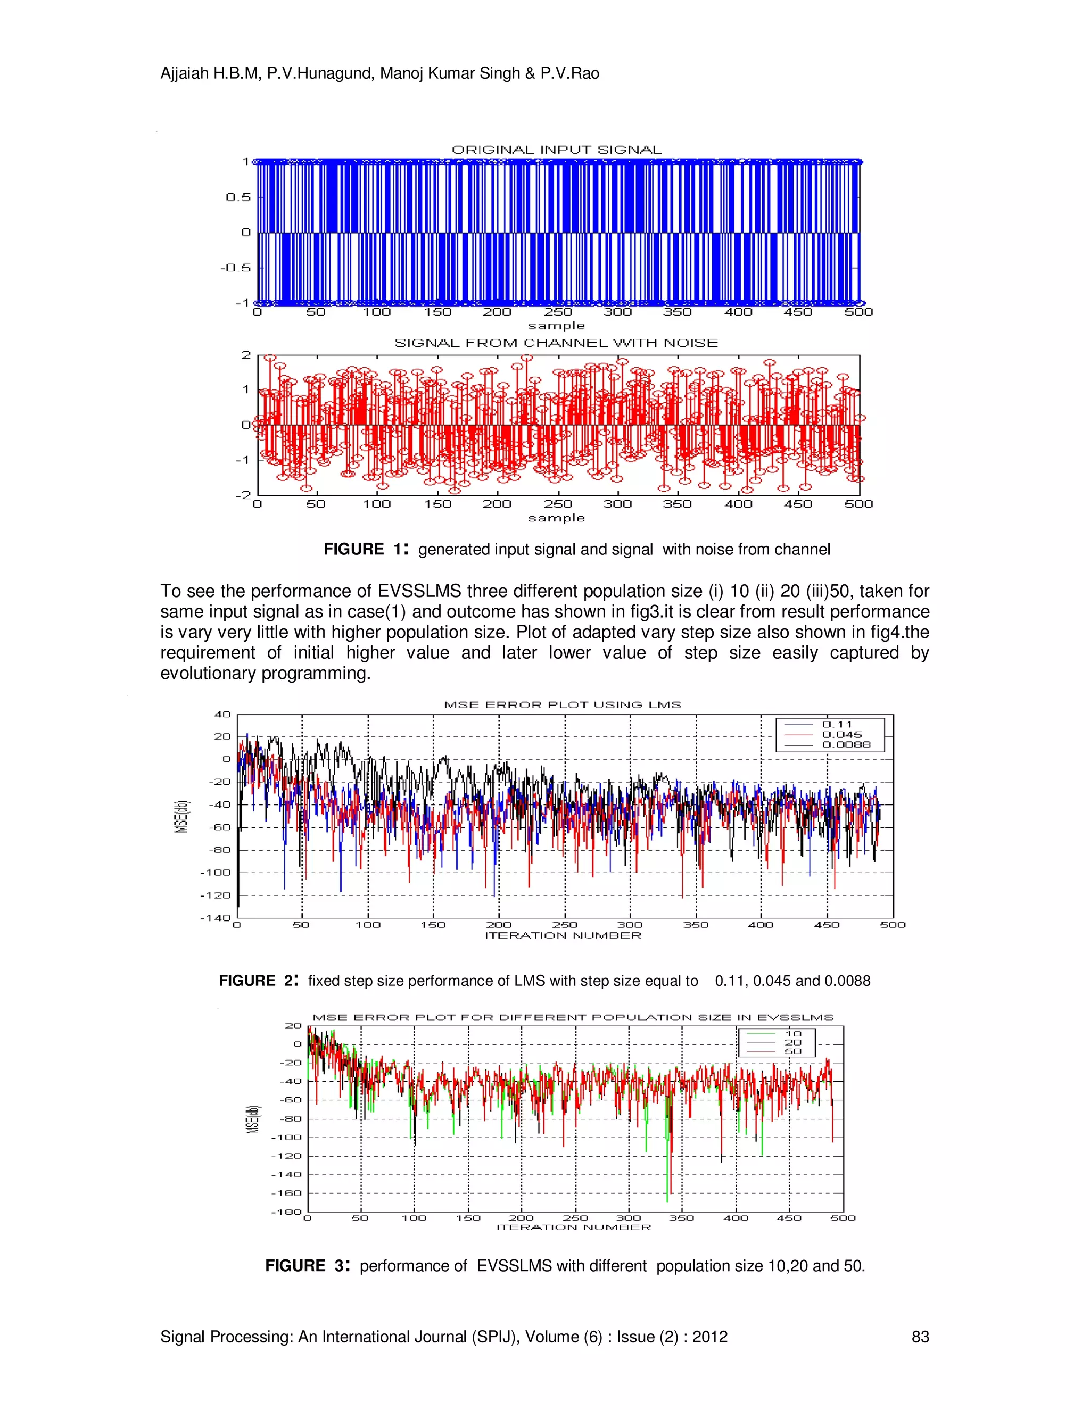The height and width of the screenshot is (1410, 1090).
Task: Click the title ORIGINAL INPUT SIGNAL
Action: click(x=557, y=150)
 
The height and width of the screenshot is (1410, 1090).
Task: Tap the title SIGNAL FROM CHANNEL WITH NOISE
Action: click(x=556, y=343)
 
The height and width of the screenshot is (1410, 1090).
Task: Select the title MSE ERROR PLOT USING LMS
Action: click(x=563, y=704)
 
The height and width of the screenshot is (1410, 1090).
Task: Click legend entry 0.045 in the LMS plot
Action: click(x=842, y=735)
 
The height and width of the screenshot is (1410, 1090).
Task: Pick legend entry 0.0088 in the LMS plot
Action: click(x=846, y=744)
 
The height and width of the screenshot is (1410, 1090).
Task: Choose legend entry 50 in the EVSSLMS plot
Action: click(x=793, y=1052)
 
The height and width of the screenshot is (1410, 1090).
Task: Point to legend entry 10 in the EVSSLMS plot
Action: click(x=793, y=1034)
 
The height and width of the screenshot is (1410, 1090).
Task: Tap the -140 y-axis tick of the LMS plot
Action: click(x=215, y=917)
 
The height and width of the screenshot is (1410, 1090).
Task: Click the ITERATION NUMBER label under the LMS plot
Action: click(x=563, y=935)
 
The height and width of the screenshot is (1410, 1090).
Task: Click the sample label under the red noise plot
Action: click(x=556, y=518)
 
